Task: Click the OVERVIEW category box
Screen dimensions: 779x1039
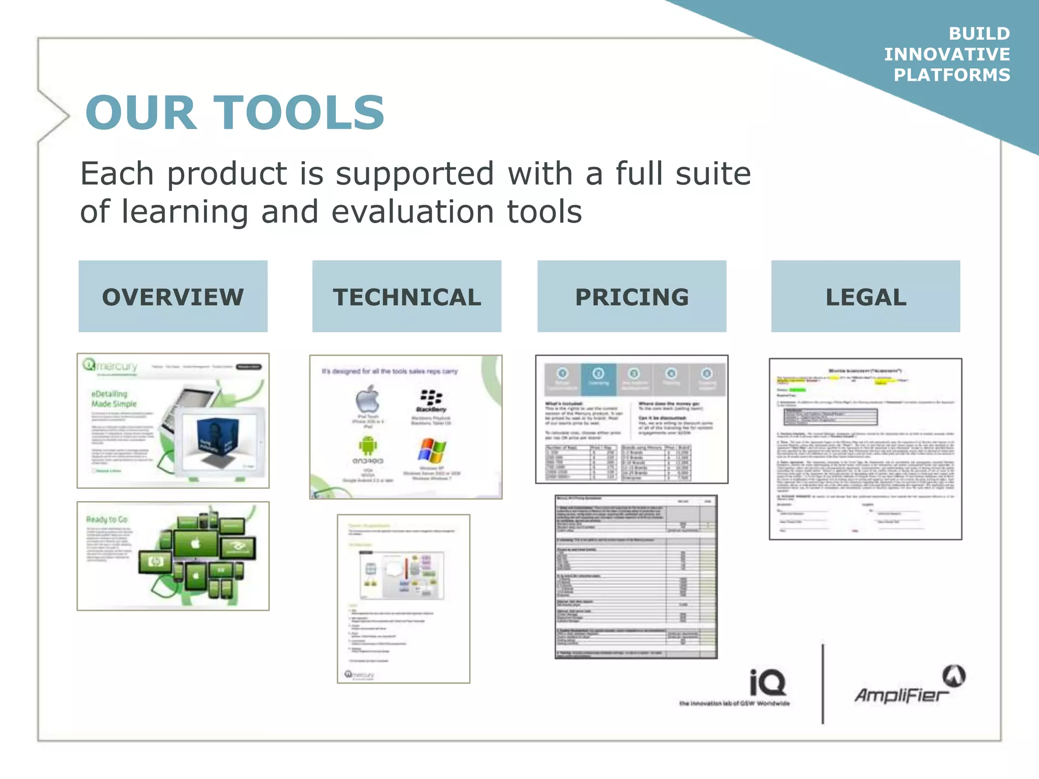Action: (x=173, y=297)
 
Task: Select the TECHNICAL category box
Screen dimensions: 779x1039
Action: (x=406, y=297)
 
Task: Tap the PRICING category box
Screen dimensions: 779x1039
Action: (x=632, y=297)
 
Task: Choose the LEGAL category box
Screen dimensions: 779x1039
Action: (x=865, y=297)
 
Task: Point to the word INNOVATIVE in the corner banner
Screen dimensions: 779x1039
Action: (x=947, y=54)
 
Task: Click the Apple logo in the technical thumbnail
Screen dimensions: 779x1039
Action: (x=367, y=399)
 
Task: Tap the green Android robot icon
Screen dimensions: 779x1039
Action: (x=367, y=446)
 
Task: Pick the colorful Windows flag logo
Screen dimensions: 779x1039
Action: (x=432, y=451)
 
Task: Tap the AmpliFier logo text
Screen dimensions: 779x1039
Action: (x=901, y=695)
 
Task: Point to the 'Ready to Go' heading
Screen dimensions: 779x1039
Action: (x=107, y=519)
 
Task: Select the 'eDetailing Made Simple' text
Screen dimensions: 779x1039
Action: (x=114, y=399)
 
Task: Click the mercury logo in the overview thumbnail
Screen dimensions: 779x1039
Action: (x=111, y=366)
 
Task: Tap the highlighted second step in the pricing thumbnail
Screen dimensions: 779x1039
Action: (x=599, y=378)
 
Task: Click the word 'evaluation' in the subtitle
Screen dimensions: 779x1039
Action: (x=412, y=211)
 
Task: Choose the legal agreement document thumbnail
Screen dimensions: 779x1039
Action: (x=865, y=449)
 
